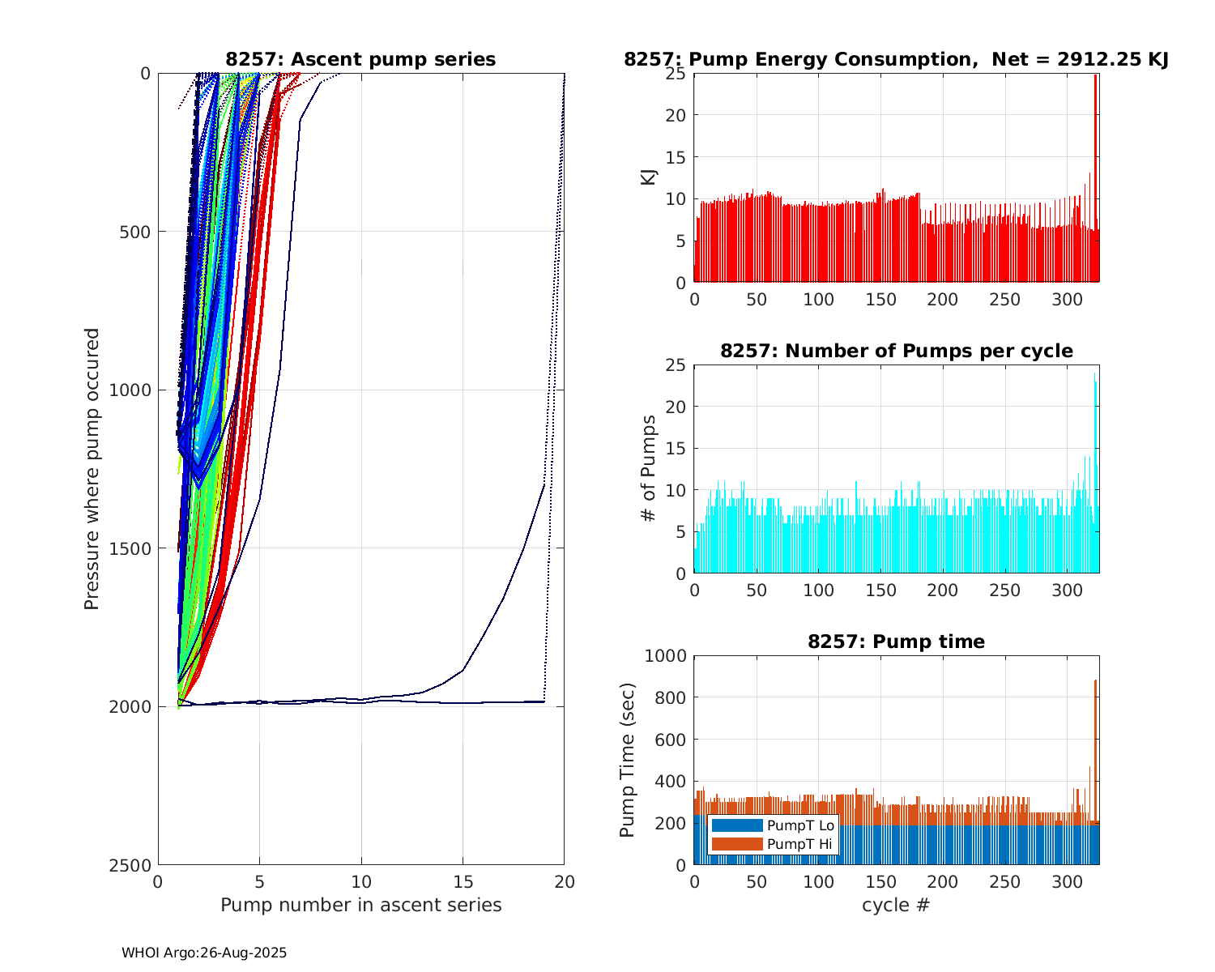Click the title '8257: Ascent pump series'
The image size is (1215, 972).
coord(360,59)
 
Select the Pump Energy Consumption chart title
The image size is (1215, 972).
coord(896,59)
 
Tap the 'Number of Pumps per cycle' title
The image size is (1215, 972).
coord(896,351)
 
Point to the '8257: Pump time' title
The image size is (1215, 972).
coord(896,642)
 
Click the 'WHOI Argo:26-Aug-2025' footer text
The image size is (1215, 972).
coord(204,953)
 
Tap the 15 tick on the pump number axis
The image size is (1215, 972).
coord(463,881)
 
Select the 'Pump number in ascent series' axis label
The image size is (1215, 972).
coord(360,905)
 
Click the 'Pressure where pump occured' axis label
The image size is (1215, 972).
coord(92,469)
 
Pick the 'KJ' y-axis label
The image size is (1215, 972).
coord(649,177)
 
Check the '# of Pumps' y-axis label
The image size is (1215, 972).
coord(649,469)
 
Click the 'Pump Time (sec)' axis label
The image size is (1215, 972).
coord(627,760)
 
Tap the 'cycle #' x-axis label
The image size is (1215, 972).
coord(896,905)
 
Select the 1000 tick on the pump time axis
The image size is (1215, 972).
coord(664,656)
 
